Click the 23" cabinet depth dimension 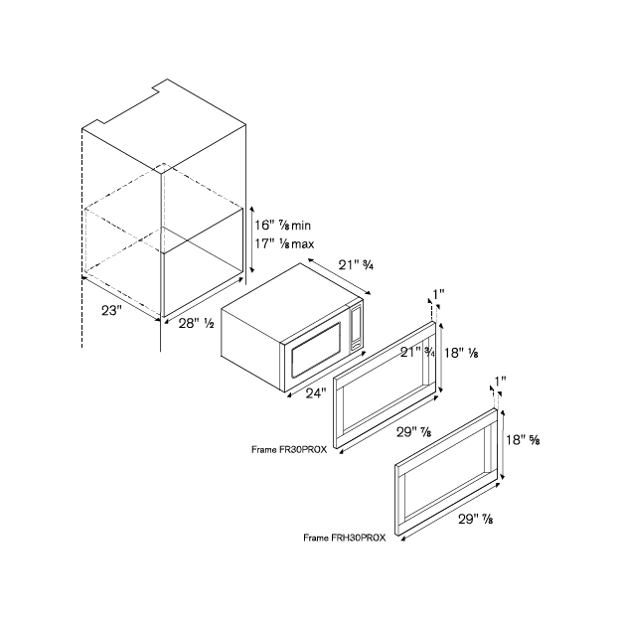pyautogui.click(x=109, y=310)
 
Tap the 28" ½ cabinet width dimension pyautogui.click(x=196, y=324)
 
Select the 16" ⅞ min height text pyautogui.click(x=282, y=226)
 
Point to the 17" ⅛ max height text pyautogui.click(x=284, y=243)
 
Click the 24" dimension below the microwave pyautogui.click(x=316, y=393)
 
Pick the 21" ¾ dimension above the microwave pyautogui.click(x=356, y=265)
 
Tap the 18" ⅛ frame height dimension pyautogui.click(x=461, y=353)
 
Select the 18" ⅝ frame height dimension pyautogui.click(x=523, y=439)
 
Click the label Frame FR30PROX pyautogui.click(x=289, y=449)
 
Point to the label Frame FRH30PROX pyautogui.click(x=344, y=538)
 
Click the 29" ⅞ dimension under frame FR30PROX pyautogui.click(x=414, y=432)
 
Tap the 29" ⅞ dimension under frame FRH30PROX pyautogui.click(x=476, y=519)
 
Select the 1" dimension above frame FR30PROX pyautogui.click(x=438, y=294)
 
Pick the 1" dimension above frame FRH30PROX pyautogui.click(x=500, y=382)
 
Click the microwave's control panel pyautogui.click(x=356, y=326)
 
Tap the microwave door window pyautogui.click(x=316, y=350)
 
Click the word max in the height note pyautogui.click(x=303, y=244)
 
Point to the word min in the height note pyautogui.click(x=301, y=226)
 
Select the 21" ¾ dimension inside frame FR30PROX pyautogui.click(x=417, y=352)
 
